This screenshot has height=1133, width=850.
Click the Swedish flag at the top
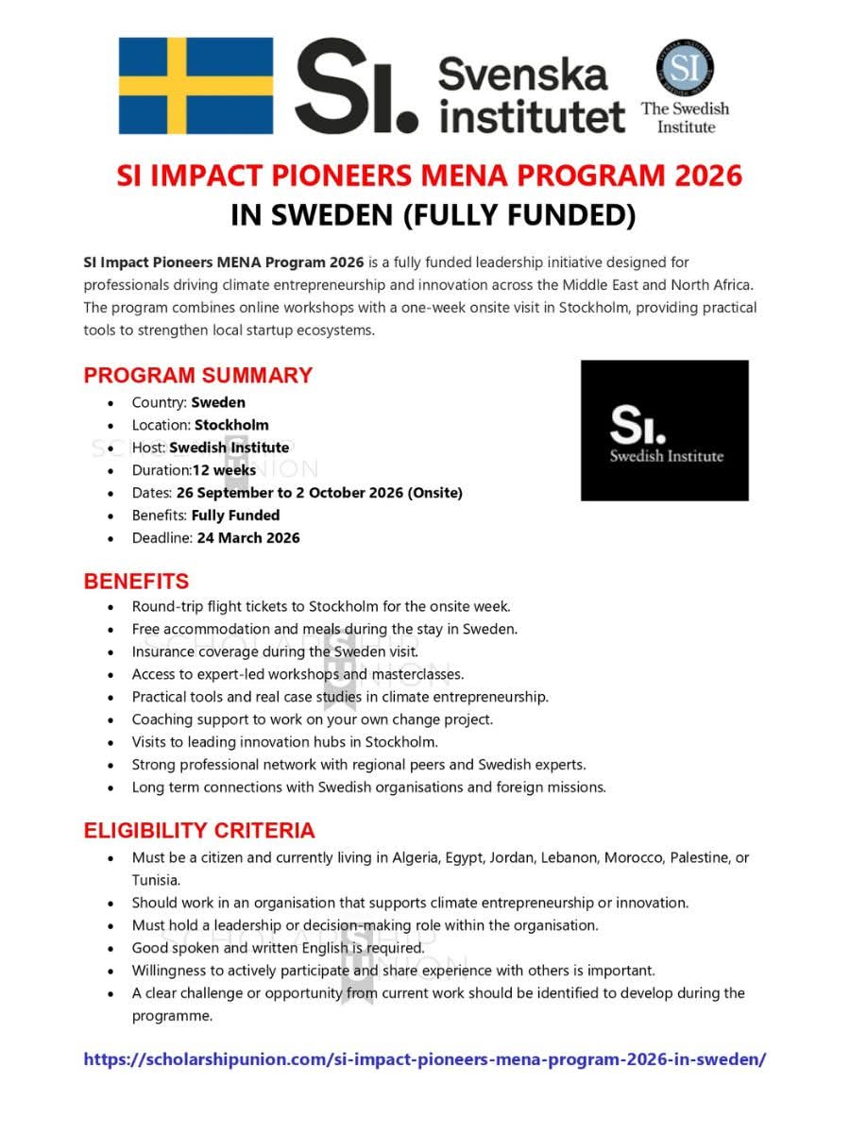[195, 86]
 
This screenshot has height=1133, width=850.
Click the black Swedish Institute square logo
[664, 430]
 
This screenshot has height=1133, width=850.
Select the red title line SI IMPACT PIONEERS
[429, 176]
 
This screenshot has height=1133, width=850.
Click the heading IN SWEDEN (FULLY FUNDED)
[433, 215]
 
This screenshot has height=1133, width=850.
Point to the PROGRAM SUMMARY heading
[197, 375]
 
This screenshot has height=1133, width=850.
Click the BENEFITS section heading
[136, 581]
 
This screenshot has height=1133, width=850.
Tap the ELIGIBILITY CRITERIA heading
[199, 831]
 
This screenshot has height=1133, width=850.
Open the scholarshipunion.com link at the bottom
[424, 1058]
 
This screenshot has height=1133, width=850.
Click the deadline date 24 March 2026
[248, 538]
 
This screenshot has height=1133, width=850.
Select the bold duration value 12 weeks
[224, 470]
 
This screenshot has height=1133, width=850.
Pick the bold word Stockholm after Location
[231, 425]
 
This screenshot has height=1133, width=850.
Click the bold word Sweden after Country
[218, 402]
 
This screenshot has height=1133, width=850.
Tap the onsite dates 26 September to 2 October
[318, 493]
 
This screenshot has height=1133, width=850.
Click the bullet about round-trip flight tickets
[321, 606]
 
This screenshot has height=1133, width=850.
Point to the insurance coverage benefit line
[275, 651]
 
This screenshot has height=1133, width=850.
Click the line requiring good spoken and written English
[278, 948]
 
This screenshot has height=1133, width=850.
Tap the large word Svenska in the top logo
[522, 74]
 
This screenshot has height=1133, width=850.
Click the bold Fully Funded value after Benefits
[235, 516]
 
